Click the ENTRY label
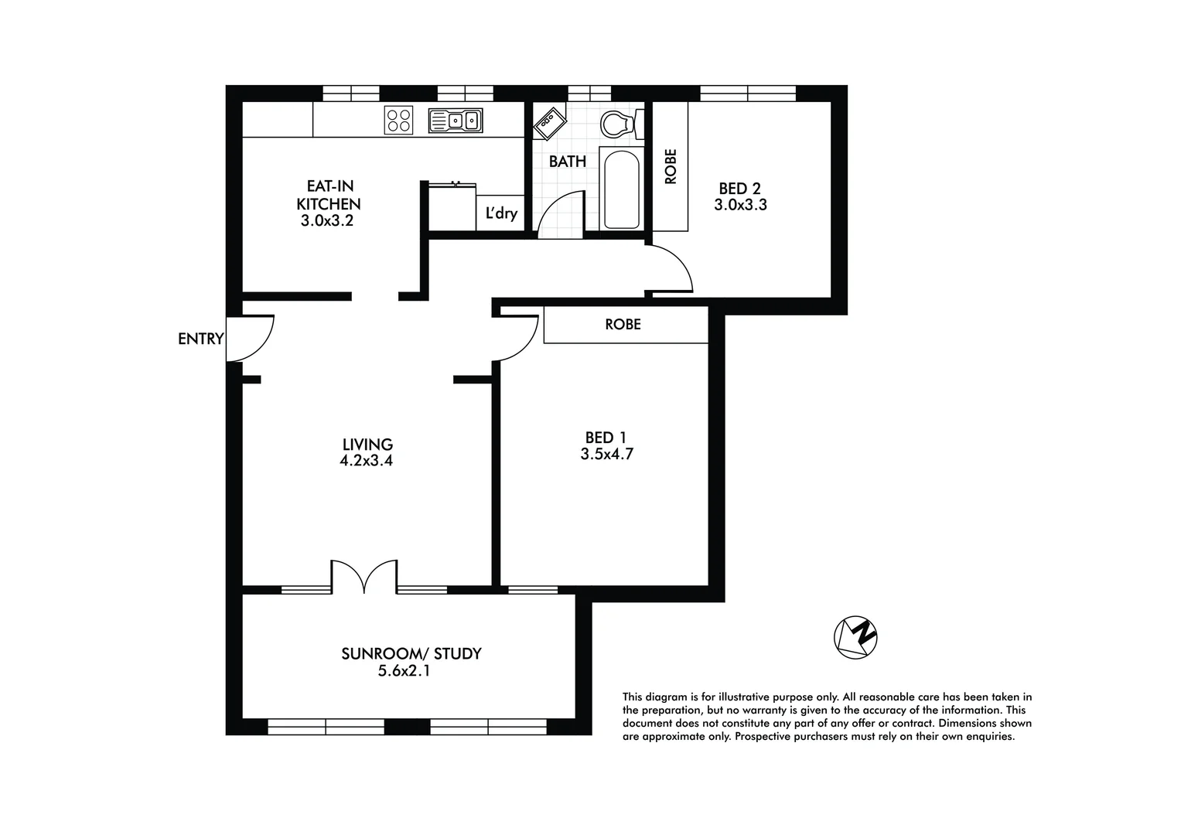[200, 339]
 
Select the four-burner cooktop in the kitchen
[398, 120]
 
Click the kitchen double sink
[456, 121]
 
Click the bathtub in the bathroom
[621, 189]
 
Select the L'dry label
[501, 213]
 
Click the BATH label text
[568, 162]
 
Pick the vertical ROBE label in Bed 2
[671, 166]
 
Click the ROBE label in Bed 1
[623, 325]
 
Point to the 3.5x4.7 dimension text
[607, 455]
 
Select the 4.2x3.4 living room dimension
[367, 461]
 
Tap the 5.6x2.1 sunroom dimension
[404, 671]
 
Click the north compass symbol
[855, 638]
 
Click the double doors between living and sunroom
[364, 578]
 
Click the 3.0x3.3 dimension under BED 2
[740, 206]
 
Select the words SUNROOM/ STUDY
[411, 653]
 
